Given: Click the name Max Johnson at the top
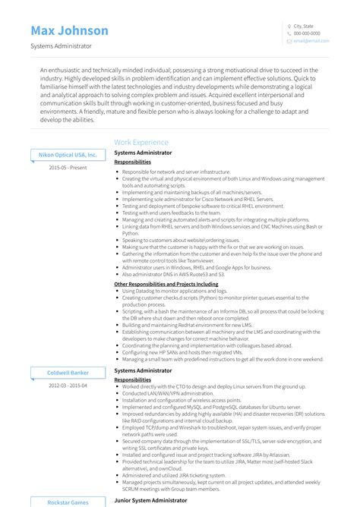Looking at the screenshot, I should (70, 31).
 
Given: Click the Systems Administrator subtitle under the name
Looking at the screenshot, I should (62, 46).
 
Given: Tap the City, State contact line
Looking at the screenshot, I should (304, 26).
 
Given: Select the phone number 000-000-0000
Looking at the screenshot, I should (307, 33).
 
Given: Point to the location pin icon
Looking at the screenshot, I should (289, 26).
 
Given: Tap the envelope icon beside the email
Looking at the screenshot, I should (289, 41).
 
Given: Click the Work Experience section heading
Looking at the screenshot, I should (141, 142).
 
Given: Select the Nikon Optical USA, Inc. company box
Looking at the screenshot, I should (68, 155).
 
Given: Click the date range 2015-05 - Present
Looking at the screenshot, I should (68, 167).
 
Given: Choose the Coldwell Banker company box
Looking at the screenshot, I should (68, 373).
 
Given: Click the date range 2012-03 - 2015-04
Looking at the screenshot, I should (68, 385).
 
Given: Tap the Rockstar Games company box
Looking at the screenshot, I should (68, 501).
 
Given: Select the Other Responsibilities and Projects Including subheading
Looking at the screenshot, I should (166, 284).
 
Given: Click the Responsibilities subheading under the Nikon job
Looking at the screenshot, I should (132, 162).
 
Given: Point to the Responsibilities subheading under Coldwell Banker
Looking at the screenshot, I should (132, 379).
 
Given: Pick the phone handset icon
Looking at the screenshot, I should (289, 33).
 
